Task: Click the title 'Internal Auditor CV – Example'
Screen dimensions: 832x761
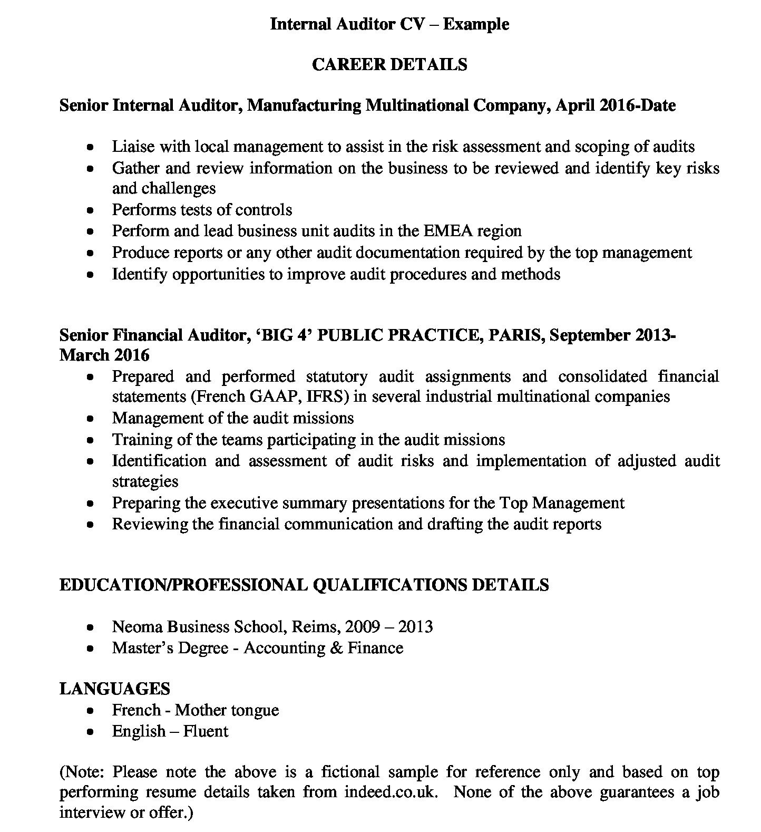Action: tap(389, 24)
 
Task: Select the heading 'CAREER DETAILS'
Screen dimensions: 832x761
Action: tap(389, 64)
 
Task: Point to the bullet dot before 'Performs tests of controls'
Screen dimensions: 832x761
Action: tap(91, 211)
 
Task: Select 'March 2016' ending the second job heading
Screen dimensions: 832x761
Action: tap(104, 355)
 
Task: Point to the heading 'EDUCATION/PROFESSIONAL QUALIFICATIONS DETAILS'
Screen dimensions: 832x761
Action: tap(304, 585)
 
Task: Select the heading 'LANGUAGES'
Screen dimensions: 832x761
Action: tap(114, 689)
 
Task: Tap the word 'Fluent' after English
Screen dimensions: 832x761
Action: tap(206, 731)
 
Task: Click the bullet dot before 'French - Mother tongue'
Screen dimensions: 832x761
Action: tap(91, 711)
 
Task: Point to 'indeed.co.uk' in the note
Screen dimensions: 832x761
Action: tap(391, 792)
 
